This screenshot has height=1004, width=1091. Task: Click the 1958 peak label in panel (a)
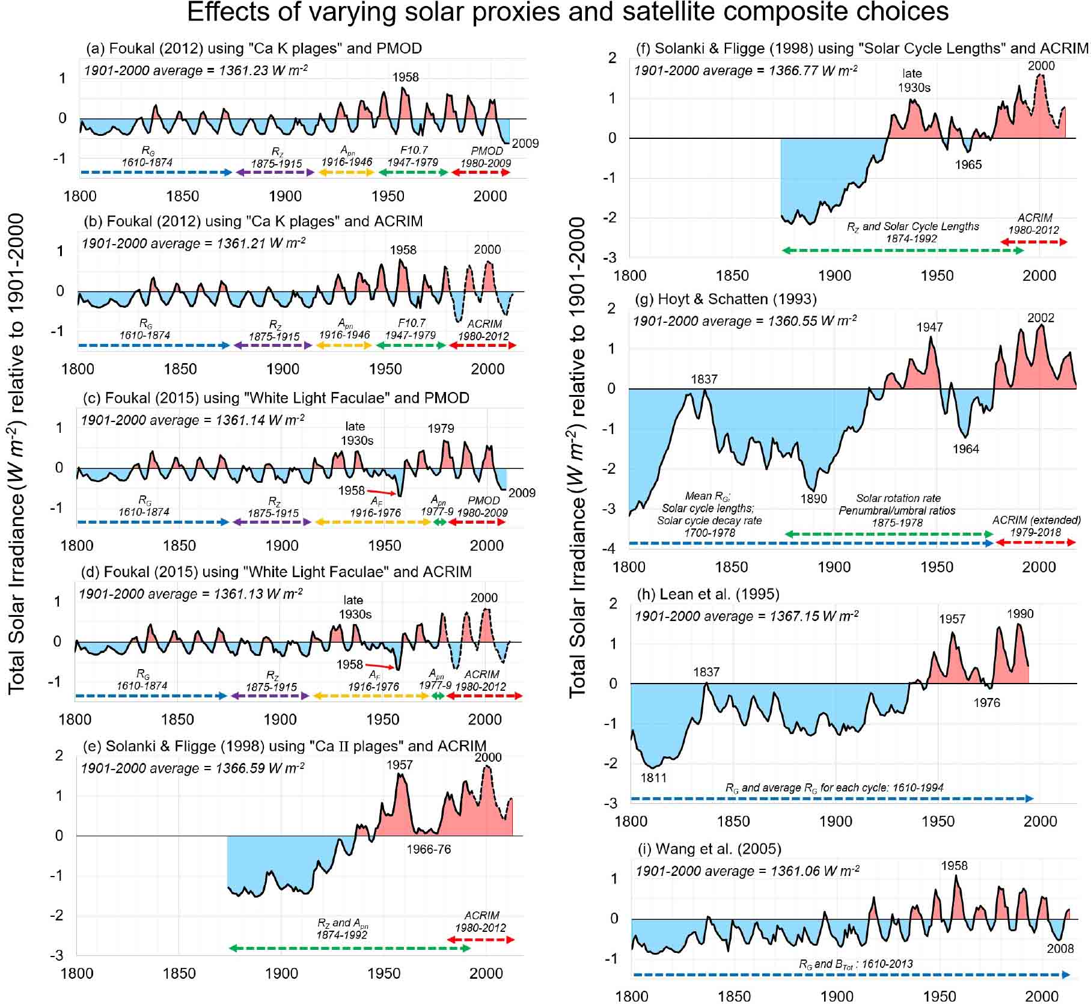[405, 77]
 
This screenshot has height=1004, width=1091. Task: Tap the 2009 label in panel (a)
[525, 143]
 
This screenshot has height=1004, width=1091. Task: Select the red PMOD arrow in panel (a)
[480, 173]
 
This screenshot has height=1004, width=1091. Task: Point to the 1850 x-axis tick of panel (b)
[180, 369]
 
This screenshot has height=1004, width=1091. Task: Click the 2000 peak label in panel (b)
[487, 249]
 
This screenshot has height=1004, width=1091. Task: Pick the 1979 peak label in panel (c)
[441, 429]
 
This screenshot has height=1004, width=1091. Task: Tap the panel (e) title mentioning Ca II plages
[284, 746]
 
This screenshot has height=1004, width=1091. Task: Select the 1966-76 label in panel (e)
[428, 849]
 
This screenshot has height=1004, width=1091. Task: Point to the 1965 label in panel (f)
[968, 165]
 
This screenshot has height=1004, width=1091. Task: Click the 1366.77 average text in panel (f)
[745, 70]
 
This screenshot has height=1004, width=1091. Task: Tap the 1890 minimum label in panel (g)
[813, 498]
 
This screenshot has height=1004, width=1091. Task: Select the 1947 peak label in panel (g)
[929, 327]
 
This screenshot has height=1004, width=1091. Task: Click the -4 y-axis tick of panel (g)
[611, 548]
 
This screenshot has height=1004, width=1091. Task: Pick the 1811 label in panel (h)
[653, 777]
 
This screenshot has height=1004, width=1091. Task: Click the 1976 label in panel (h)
[986, 702]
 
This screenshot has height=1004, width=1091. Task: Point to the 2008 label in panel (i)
[1060, 948]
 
